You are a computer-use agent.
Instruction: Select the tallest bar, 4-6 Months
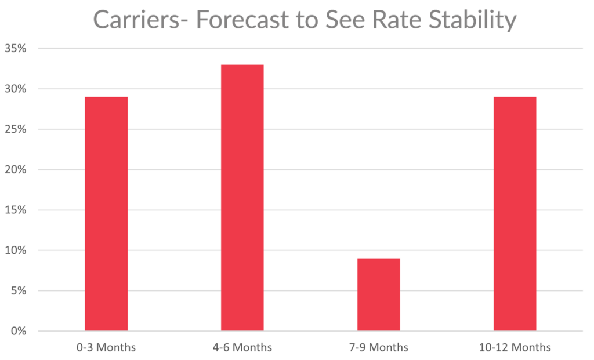coord(242,197)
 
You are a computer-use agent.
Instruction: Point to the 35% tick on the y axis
coord(16,49)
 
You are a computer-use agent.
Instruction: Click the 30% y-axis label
coord(16,89)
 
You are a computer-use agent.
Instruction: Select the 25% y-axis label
coord(16,129)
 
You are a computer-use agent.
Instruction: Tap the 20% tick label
coord(16,170)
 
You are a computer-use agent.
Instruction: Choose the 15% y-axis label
coord(16,210)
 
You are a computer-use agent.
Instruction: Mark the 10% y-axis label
coord(16,250)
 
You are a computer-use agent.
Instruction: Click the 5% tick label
coord(19,290)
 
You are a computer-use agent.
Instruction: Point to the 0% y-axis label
coord(19,331)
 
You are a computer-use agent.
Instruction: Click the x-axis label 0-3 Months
coord(106,348)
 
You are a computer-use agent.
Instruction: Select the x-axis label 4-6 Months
coord(242,348)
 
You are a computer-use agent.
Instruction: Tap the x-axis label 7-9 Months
coord(378,348)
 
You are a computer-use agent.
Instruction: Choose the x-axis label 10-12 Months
coord(515,348)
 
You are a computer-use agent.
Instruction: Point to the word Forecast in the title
coord(244,20)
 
